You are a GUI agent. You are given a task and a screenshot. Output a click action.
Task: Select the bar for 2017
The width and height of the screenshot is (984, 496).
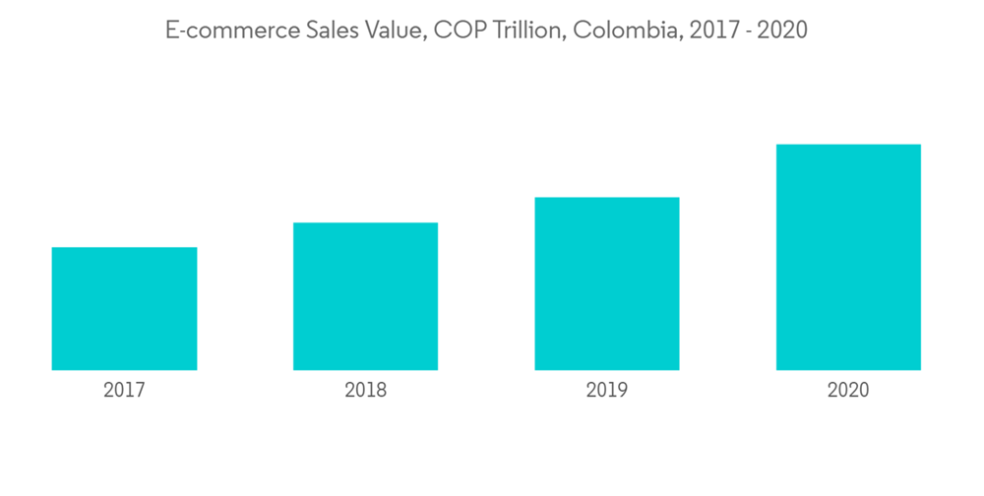coord(124,309)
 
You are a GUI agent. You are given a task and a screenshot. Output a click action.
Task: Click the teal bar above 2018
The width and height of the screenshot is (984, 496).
coord(365,296)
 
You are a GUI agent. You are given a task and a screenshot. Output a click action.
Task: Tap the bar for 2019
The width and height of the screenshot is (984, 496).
coord(607,283)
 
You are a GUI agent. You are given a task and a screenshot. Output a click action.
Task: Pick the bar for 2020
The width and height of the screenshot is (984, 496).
coord(848,258)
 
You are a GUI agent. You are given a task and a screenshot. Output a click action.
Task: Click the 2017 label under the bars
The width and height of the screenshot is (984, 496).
coord(124,391)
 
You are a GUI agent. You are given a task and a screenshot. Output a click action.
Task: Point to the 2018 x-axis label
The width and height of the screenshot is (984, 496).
coord(365,391)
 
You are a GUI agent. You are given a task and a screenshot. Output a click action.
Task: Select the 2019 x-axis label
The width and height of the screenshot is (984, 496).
coord(607,391)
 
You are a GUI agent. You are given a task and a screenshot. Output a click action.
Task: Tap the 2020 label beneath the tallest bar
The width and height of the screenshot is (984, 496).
coord(848,391)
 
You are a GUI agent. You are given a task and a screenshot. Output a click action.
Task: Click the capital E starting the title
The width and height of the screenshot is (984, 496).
coord(170,31)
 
